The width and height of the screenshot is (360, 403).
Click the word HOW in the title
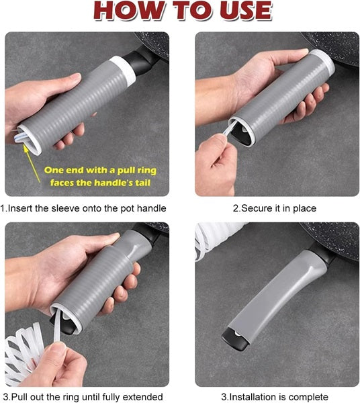129,11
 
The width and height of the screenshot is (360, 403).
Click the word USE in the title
246,11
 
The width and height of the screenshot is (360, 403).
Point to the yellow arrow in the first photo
32,163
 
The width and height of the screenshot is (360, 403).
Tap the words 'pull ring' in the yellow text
137,171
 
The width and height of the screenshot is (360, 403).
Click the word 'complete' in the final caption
306,398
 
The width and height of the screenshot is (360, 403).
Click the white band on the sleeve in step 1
123,69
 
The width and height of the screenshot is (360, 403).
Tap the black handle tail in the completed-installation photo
235,340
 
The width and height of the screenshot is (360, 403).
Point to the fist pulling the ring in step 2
215,165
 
